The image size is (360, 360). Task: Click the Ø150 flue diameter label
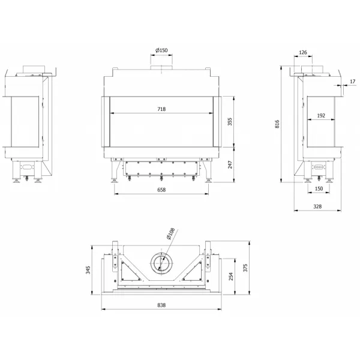pyautogui.click(x=161, y=50)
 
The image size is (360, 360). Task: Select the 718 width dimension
pyautogui.click(x=161, y=109)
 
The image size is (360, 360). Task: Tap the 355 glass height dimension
pyautogui.click(x=230, y=122)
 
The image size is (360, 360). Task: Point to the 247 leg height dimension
pyautogui.click(x=230, y=164)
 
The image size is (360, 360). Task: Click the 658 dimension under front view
pyautogui.click(x=161, y=190)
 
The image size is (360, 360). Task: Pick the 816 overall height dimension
pyautogui.click(x=277, y=124)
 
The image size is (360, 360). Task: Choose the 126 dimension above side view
pyautogui.click(x=303, y=53)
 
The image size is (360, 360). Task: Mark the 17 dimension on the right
pyautogui.click(x=353, y=82)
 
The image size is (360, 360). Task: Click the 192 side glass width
pyautogui.click(x=321, y=116)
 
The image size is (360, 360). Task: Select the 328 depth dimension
pyautogui.click(x=317, y=206)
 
